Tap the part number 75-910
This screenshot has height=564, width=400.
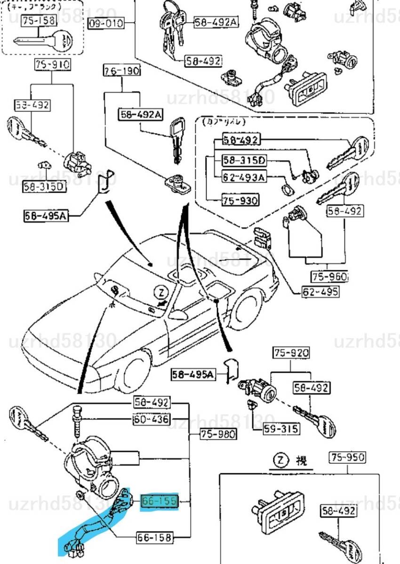coord(52,65)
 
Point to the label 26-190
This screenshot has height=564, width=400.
coord(122,71)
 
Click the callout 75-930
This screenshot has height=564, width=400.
coord(240,201)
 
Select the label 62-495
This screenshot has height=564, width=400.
coord(320,292)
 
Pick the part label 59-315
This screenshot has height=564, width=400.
coord(281,429)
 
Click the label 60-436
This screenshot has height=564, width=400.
coord(152,419)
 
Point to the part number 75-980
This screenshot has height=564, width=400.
coord(217,434)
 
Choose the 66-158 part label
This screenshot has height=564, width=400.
coord(155,537)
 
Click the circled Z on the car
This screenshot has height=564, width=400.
coord(161,293)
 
